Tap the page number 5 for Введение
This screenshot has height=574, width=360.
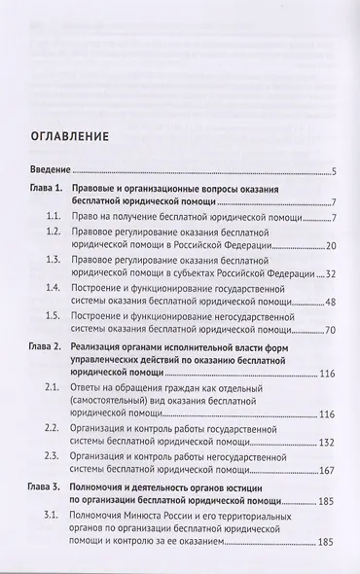point(333,173)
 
